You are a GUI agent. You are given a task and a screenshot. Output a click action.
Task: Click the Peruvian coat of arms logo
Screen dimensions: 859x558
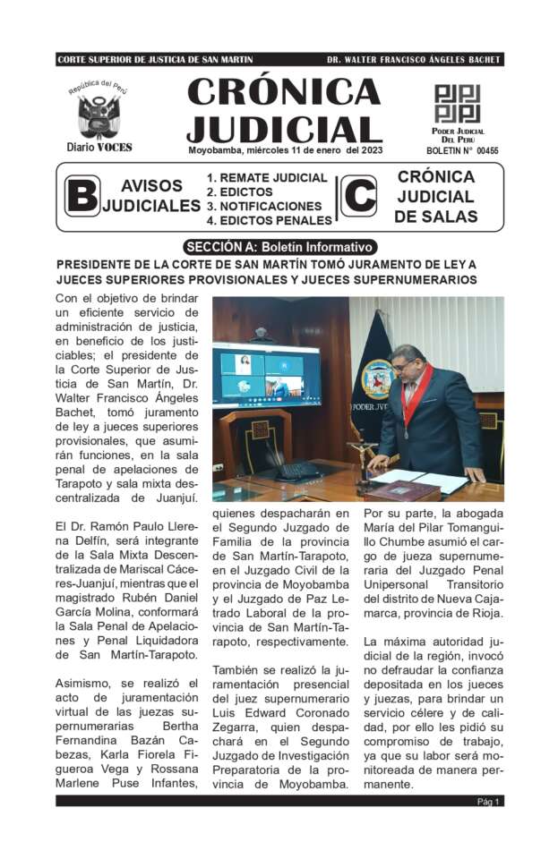click(99, 115)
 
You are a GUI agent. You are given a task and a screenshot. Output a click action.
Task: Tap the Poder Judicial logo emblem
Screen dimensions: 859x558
click(458, 104)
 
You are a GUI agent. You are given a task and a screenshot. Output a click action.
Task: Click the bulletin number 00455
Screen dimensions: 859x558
click(486, 151)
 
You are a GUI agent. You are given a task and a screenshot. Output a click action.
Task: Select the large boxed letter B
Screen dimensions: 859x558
click(82, 195)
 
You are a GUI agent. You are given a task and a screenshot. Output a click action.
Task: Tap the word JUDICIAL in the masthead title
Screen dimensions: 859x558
click(284, 128)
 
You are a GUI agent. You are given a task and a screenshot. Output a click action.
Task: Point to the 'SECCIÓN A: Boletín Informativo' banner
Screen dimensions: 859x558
click(279, 247)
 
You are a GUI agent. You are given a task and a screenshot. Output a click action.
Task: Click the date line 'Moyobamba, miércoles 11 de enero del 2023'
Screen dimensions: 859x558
click(284, 149)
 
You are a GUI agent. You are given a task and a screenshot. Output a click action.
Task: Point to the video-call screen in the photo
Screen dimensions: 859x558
click(265, 375)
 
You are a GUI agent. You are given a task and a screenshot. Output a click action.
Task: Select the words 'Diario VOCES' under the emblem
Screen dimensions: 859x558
click(99, 147)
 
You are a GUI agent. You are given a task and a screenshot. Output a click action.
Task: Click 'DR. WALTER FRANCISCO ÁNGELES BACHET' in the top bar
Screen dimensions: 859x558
click(414, 60)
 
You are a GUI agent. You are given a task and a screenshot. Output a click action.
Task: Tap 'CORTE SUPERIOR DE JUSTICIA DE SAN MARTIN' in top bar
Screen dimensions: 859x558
click(155, 60)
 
